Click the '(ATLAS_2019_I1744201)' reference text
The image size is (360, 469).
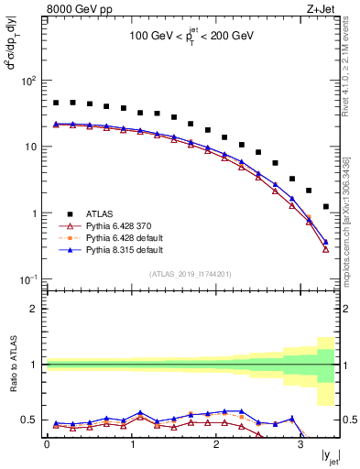point(191,273)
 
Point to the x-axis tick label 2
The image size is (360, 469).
point(215,446)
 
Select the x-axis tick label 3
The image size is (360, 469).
point(300,446)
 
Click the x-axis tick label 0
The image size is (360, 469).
point(47,446)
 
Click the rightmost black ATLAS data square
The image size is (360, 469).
point(326,206)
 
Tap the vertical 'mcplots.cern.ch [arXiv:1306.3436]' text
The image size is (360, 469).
point(351,215)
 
